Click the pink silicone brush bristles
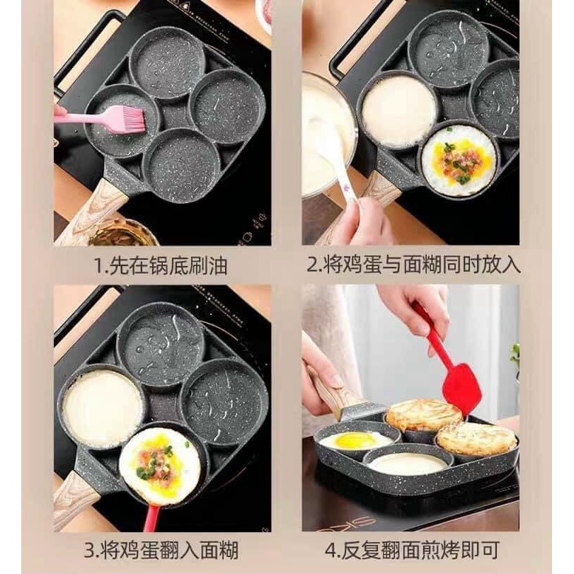(128, 119)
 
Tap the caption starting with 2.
(413, 266)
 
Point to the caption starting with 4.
(413, 549)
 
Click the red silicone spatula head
(461, 390)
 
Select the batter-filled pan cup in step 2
(398, 111)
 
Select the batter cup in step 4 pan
(408, 464)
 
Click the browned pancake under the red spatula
(423, 414)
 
